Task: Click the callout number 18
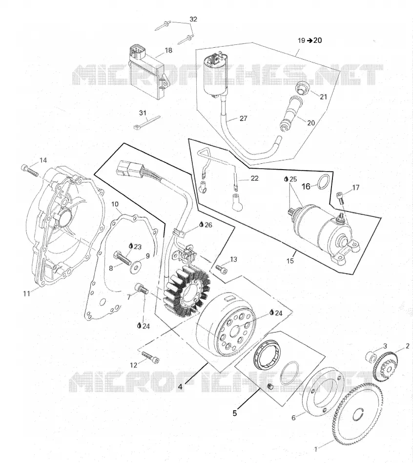click(x=168, y=51)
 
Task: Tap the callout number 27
click(x=243, y=118)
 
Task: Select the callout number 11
click(x=27, y=294)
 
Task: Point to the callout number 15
click(x=290, y=261)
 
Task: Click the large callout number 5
click(x=235, y=413)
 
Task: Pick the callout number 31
click(x=143, y=113)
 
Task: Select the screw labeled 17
click(x=340, y=197)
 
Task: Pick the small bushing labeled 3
click(x=372, y=356)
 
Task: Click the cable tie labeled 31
click(x=147, y=122)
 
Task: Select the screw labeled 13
click(x=221, y=269)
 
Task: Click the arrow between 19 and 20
click(x=310, y=40)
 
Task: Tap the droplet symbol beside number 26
click(x=202, y=225)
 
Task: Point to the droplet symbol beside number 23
click(x=130, y=246)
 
